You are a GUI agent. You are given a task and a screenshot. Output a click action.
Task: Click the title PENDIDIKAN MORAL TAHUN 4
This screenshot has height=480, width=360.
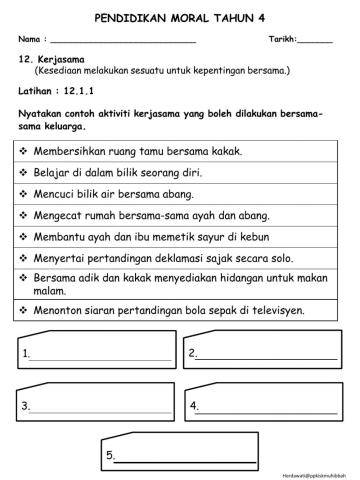tap(180, 17)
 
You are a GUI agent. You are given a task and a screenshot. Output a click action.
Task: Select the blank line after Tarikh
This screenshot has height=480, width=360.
tap(315, 41)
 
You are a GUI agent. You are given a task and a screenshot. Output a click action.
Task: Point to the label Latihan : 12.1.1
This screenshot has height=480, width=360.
tap(55, 90)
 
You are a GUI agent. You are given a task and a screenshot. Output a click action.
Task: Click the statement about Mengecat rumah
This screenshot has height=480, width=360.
tap(151, 215)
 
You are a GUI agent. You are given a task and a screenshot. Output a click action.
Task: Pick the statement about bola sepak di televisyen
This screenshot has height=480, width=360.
tap(169, 310)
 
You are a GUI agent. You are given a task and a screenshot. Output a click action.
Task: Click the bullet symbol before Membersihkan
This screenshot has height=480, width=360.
tap(24, 152)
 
